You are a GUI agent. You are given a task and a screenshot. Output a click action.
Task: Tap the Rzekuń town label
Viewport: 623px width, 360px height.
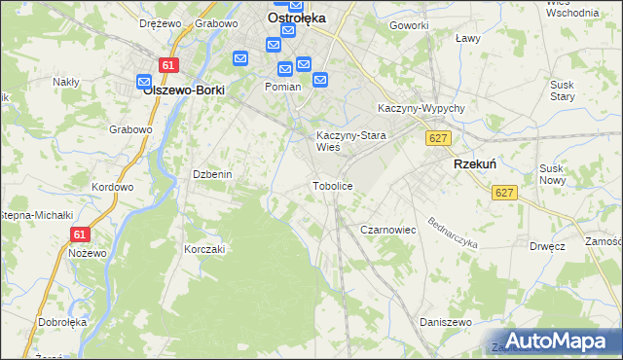[x=476, y=165]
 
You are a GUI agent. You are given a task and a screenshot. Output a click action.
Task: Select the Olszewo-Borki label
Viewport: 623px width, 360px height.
[x=184, y=90]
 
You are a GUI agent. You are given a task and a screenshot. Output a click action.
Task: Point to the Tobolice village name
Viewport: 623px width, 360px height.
[x=331, y=185]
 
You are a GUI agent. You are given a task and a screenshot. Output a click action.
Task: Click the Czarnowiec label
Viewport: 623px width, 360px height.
[x=388, y=230]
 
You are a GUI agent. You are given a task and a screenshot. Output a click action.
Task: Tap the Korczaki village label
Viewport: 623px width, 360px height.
[x=204, y=249]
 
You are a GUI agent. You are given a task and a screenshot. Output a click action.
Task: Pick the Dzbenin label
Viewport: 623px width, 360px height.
[x=211, y=174]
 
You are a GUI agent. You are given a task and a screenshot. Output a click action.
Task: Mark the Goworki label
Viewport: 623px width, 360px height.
[x=409, y=25]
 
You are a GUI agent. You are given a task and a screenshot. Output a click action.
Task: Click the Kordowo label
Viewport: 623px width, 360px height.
[x=111, y=187]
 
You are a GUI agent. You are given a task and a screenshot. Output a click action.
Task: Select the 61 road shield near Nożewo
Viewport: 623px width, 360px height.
[x=80, y=234]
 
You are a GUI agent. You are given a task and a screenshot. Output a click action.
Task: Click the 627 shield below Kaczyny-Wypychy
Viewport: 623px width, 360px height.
[x=437, y=139]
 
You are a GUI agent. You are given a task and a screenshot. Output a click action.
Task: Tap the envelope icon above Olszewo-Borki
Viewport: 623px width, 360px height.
[x=144, y=82]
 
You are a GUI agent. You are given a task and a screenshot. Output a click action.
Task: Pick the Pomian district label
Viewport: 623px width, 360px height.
[x=282, y=86]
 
